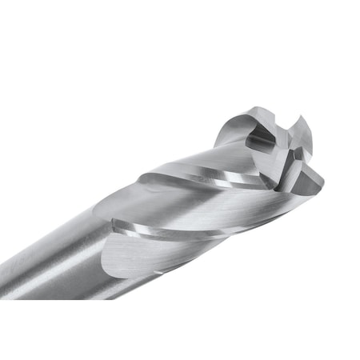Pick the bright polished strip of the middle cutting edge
point(176,232)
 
